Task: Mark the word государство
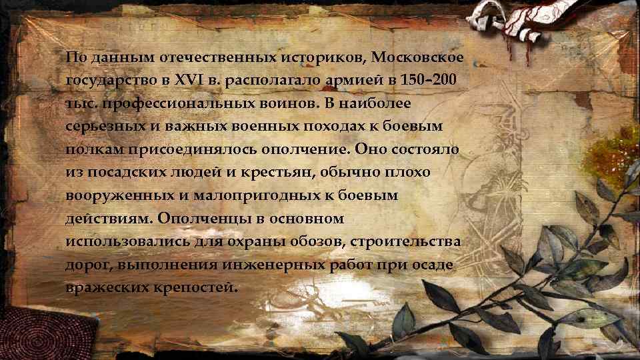pyautogui.click(x=106, y=81)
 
